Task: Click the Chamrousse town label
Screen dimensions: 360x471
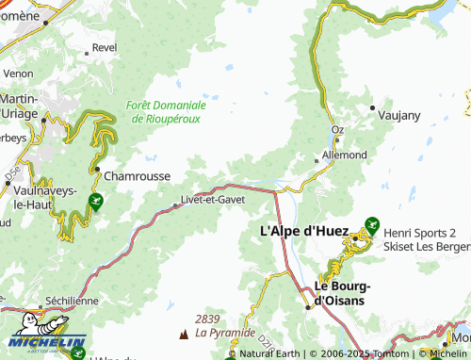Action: (138, 175)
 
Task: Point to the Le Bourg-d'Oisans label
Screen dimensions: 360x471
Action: (344, 293)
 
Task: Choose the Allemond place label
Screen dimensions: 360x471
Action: (344, 153)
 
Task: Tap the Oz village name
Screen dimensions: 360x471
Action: (337, 130)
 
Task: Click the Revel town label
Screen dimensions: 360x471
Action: (104, 47)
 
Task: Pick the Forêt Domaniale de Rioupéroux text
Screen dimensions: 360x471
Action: (165, 113)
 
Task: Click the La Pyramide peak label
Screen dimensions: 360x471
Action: (224, 333)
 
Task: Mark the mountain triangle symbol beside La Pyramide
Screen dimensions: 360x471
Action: (183, 334)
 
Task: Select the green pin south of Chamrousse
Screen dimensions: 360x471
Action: (95, 201)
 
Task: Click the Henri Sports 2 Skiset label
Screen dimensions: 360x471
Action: (425, 238)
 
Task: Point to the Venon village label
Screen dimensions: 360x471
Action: (18, 73)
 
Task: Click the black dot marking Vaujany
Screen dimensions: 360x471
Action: (373, 106)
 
